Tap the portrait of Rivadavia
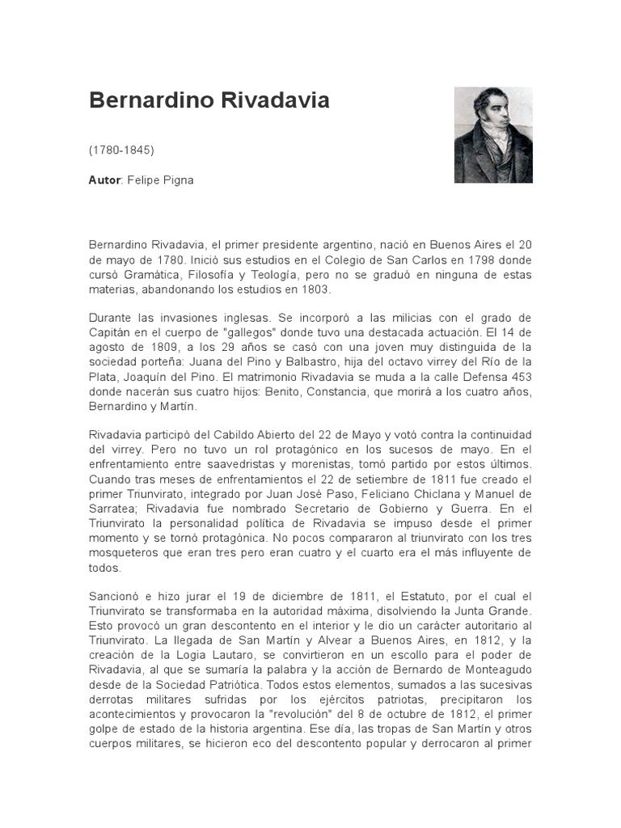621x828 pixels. (492, 135)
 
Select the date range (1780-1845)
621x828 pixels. (121, 150)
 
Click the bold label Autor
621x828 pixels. (103, 180)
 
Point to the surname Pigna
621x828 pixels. (178, 180)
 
